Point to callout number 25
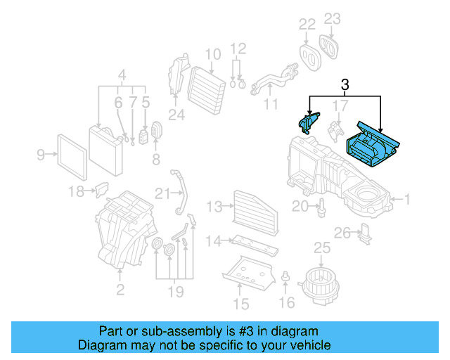pos(321,247)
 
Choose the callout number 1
pos(406,200)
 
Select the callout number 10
pos(213,53)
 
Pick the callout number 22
pos(306,25)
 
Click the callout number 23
pos(333,18)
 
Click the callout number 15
pos(241,304)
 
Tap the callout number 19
pos(175,291)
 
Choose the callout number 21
pos(163,193)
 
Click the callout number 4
pos(122,75)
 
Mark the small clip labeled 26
pos(364,233)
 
